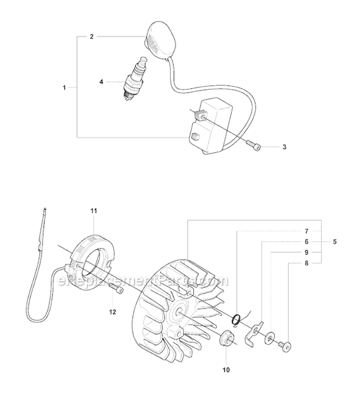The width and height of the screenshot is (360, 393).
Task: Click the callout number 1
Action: click(64, 88)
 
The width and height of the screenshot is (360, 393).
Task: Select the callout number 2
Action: click(92, 37)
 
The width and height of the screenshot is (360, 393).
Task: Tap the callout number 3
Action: click(284, 147)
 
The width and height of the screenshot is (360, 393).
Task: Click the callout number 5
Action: click(335, 242)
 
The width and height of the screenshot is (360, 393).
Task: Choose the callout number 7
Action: click(307, 231)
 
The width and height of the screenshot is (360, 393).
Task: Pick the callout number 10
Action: click(226, 369)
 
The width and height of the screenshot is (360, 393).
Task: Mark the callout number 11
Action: click(94, 211)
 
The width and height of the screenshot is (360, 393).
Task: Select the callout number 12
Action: click(113, 312)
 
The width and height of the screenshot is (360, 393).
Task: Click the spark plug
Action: click(134, 78)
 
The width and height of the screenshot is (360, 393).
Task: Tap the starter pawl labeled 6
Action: click(253, 334)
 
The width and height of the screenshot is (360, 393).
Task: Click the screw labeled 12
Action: click(116, 288)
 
